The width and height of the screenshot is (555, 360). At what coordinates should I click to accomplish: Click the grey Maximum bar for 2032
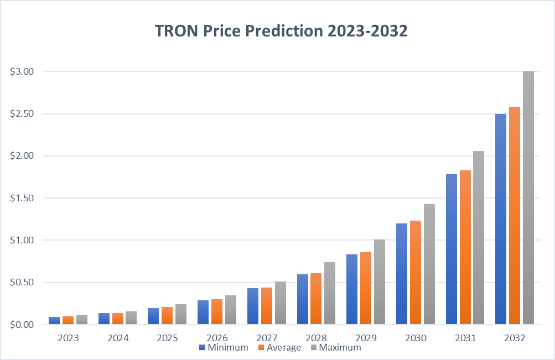pos(528,197)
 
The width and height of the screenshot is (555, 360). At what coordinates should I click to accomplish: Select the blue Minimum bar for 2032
pos(501,218)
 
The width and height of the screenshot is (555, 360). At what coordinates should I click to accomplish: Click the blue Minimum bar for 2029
pos(352,289)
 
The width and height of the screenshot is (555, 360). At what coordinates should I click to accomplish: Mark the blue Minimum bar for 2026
pos(203,312)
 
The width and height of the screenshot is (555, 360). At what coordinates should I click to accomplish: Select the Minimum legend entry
pos(224,347)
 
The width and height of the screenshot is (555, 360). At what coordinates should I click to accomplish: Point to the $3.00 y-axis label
pos(23,71)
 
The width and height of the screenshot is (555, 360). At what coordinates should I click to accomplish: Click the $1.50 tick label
pos(23,198)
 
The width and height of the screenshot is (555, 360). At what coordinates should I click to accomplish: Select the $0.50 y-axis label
pos(23,283)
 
